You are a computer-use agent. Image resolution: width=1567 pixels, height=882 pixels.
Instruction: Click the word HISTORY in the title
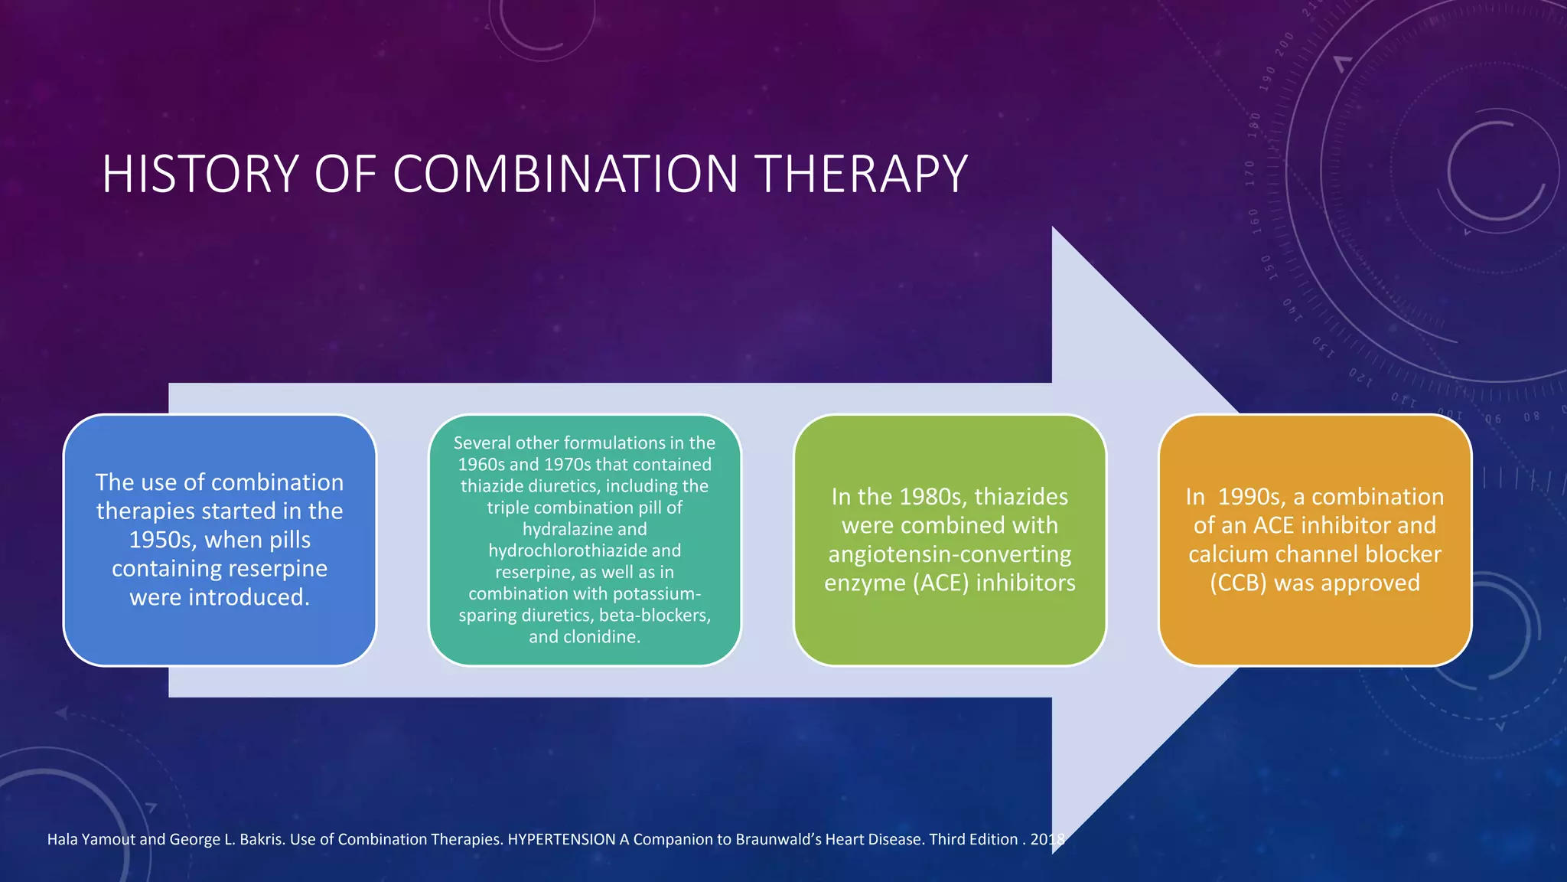tap(200, 174)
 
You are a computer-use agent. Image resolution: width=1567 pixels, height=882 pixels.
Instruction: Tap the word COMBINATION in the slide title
tap(565, 174)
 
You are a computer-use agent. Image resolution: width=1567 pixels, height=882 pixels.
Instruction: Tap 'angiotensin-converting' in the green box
tap(950, 554)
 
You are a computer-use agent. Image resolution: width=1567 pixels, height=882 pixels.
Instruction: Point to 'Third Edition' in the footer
tap(972, 839)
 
